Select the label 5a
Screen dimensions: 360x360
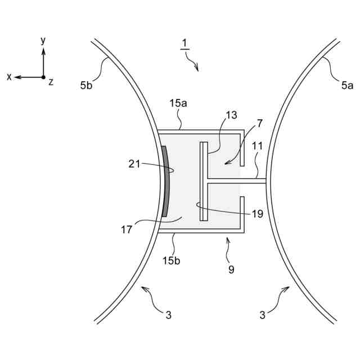point(347,85)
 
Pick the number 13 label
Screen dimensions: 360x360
point(232,115)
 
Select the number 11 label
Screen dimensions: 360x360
point(257,146)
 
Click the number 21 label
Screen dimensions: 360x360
point(133,164)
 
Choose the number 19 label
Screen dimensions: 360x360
point(257,213)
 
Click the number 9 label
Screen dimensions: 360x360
point(231,269)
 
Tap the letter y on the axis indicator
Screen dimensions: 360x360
point(43,40)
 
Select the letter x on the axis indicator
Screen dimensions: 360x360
point(9,77)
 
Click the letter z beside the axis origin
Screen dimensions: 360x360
point(51,82)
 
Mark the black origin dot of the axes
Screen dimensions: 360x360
point(43,77)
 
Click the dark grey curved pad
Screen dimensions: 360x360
point(165,181)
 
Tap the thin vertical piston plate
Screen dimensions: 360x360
point(204,181)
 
